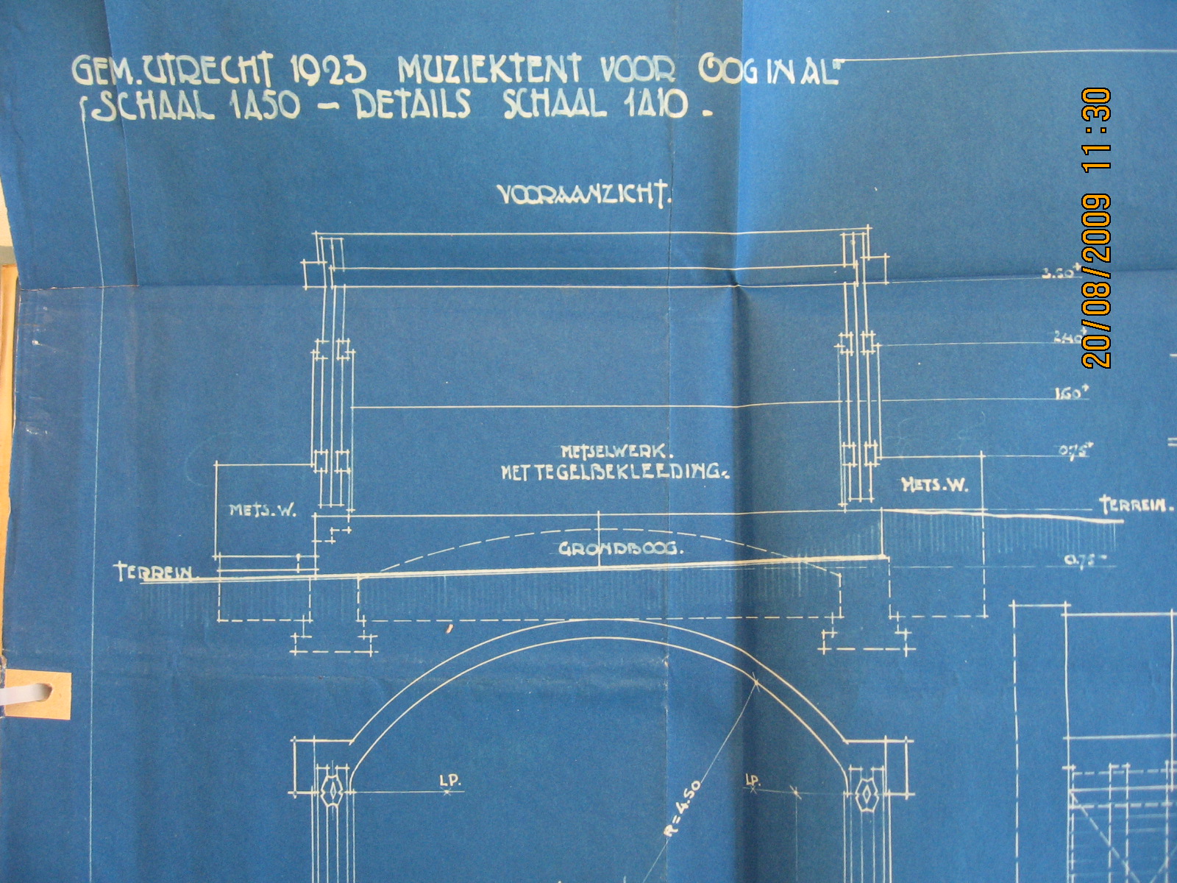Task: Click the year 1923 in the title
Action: pos(328,71)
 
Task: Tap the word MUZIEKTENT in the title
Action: pos(489,71)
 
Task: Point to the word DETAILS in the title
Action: pos(413,105)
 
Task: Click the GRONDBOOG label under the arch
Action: pos(620,549)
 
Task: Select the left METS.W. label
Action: pos(263,510)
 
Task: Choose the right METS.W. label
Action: pos(934,484)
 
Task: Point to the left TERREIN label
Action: pos(154,572)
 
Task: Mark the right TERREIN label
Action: pos(1136,505)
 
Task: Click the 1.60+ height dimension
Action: pos(1071,394)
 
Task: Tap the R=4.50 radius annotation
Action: pos(681,809)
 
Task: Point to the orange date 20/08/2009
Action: pos(1097,280)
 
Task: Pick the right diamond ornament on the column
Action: pos(869,793)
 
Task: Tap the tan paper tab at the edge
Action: pos(40,695)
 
